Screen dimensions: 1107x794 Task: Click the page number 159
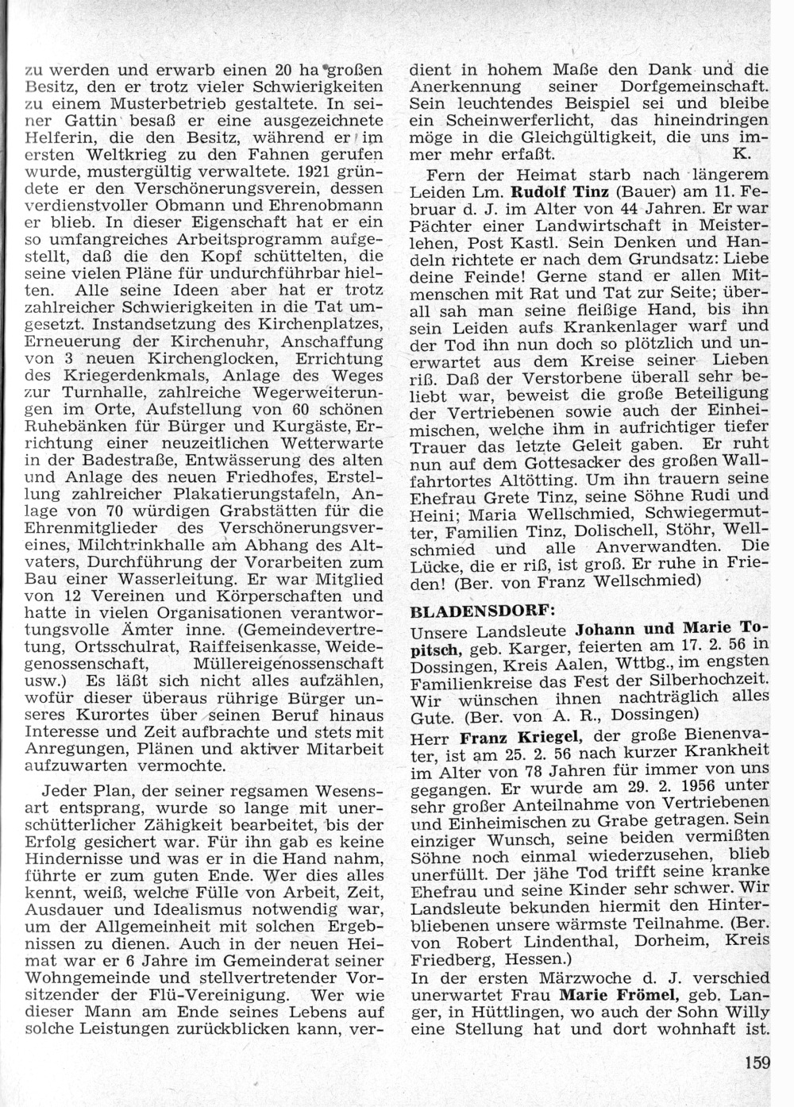click(x=757, y=1061)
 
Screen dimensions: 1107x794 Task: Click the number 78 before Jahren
click(x=504, y=768)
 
